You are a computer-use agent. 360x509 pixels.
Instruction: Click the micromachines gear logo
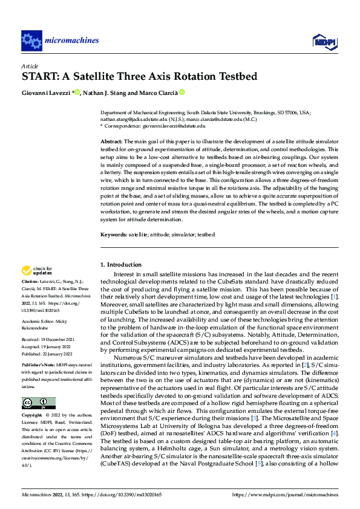click(31, 41)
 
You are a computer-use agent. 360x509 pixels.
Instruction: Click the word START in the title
click(42, 77)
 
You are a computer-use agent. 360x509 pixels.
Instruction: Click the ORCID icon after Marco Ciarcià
click(182, 92)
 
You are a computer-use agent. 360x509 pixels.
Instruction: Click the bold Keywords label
click(113, 234)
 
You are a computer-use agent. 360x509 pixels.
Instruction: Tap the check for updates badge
click(37, 271)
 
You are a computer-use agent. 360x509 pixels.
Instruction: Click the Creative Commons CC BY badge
click(38, 404)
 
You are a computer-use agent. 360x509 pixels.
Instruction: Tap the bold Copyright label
click(31, 416)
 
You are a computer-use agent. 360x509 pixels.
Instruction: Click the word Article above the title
click(30, 65)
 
